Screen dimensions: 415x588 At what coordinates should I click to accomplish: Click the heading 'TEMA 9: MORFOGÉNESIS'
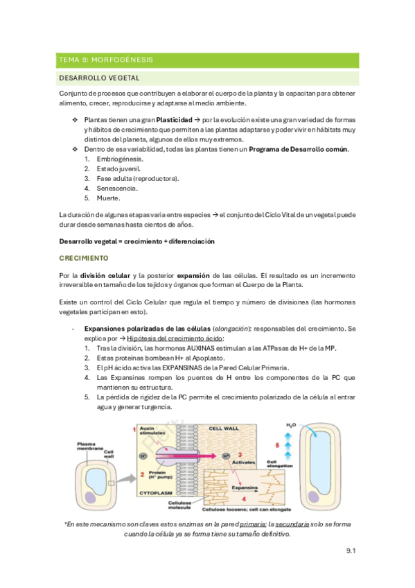click(x=106, y=60)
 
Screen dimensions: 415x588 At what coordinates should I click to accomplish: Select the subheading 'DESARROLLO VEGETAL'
click(x=100, y=78)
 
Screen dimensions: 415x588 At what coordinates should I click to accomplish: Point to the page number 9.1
click(x=350, y=551)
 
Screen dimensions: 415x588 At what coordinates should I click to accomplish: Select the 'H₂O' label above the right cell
click(x=292, y=424)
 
